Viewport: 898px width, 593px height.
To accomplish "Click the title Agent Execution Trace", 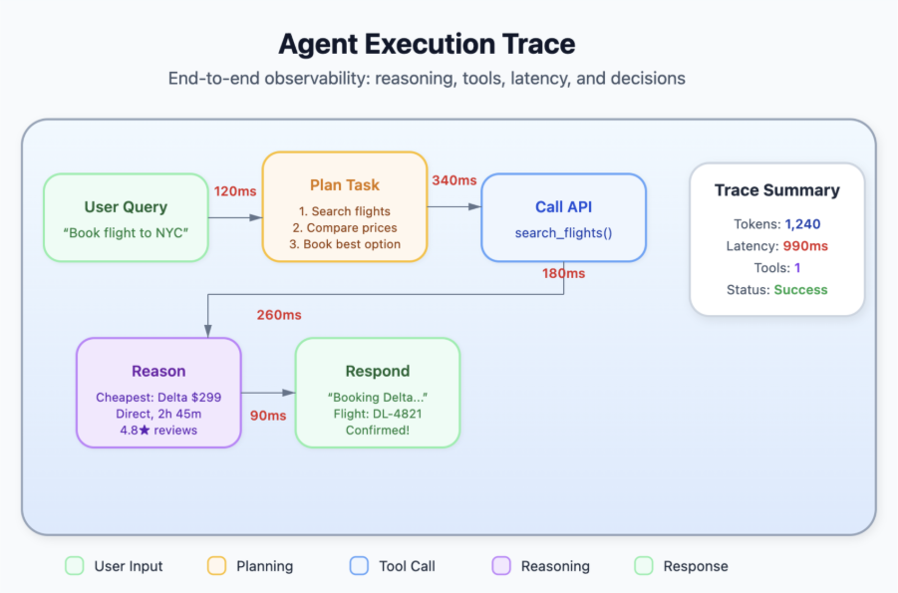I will click(427, 44).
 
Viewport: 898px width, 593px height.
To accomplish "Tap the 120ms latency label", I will click(234, 189).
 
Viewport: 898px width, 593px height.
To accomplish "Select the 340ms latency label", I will click(453, 180).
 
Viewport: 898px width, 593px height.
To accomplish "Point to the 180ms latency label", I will click(563, 273).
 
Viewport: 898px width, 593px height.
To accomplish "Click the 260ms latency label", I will click(279, 315).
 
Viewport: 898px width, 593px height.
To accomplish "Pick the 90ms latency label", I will click(267, 415).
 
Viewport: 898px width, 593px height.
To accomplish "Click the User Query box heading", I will click(126, 207).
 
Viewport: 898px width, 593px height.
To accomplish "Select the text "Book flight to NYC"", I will click(126, 233).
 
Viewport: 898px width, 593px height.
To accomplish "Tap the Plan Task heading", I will click(345, 185).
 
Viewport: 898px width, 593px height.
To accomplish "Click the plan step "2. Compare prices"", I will click(345, 228).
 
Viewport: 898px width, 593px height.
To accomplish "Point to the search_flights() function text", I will click(563, 233).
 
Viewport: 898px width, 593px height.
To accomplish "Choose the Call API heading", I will click(563, 207).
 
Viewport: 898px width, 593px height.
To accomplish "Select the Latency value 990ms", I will click(804, 246).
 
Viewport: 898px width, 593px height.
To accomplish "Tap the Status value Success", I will click(800, 290).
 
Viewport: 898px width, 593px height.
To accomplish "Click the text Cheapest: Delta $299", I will click(158, 397).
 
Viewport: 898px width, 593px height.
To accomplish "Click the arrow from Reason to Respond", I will click(267, 393).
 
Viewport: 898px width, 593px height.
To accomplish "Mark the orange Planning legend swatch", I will click(216, 566).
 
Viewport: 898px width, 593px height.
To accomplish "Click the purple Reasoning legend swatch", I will click(502, 566).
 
